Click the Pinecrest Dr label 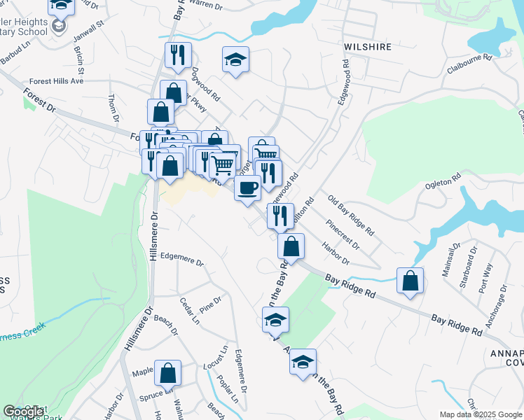tap(343, 237)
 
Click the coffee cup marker tap(247, 188)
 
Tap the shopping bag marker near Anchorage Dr tap(410, 281)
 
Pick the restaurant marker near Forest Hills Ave tap(178, 56)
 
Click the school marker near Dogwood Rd tap(236, 60)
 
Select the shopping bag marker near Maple tap(167, 374)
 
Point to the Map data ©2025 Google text tap(481, 414)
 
